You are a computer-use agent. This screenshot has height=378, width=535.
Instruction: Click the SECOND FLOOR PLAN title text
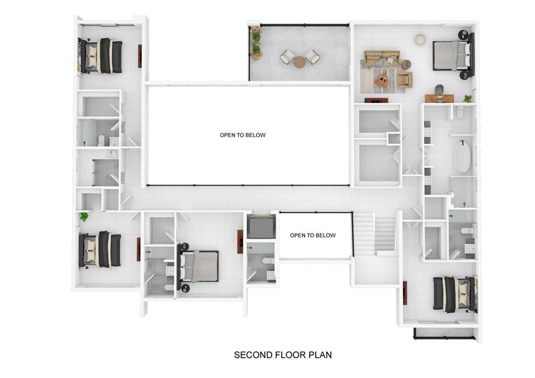[x=283, y=355]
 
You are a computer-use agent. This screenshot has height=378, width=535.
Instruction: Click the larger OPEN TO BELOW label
[x=242, y=135]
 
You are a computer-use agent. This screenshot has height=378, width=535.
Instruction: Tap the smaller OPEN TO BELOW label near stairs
[x=312, y=235]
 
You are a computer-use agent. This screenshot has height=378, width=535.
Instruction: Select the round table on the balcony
[x=299, y=62]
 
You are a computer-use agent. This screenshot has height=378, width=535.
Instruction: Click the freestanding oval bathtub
[x=462, y=158]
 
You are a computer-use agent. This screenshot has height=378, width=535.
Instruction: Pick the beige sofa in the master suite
[x=381, y=58]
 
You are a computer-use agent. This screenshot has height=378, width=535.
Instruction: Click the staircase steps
[x=375, y=232]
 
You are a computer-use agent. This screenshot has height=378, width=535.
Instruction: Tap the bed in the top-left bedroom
[x=102, y=56]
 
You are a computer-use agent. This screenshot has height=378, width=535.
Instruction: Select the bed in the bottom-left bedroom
[x=100, y=249]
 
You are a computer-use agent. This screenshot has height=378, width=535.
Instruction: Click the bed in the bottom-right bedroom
[x=452, y=294]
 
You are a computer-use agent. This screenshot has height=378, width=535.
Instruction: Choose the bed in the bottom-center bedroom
[x=199, y=266]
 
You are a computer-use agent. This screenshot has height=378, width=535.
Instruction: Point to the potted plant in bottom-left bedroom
[x=84, y=216]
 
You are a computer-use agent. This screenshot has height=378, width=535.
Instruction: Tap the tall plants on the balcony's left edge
[x=256, y=43]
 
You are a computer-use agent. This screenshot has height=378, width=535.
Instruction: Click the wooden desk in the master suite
[x=437, y=98]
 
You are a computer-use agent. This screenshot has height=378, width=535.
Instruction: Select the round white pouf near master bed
[x=420, y=39]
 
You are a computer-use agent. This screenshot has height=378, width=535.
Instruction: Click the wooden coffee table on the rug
[x=381, y=81]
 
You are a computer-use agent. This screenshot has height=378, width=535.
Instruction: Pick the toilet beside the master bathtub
[x=461, y=112]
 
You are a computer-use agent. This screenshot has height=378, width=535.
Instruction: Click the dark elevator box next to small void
[x=260, y=226]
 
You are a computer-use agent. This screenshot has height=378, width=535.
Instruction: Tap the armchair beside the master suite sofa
[x=404, y=79]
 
